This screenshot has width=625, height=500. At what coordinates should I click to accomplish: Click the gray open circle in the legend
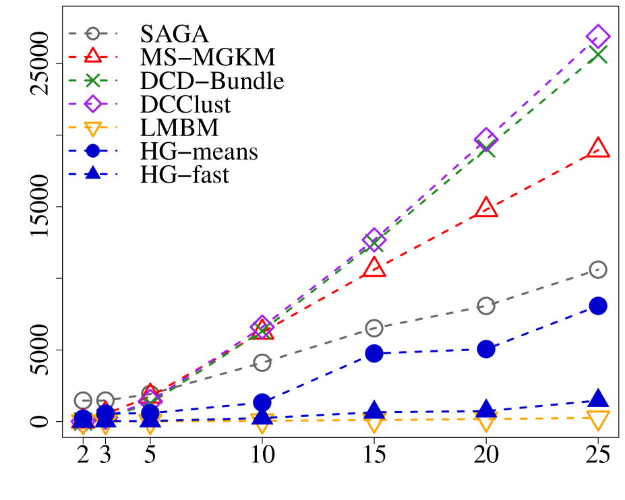tap(92, 34)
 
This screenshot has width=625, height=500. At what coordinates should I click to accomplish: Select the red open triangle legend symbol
tap(92, 57)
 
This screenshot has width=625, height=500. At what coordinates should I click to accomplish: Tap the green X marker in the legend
tap(92, 80)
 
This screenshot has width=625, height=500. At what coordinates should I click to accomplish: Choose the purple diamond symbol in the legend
tap(92, 104)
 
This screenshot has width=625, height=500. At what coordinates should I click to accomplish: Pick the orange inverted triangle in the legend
tap(92, 128)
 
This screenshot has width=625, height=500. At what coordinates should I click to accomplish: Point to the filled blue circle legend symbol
tap(92, 151)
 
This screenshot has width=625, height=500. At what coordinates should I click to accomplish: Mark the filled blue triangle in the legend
tap(92, 173)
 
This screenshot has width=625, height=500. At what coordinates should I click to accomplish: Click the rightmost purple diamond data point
tap(598, 36)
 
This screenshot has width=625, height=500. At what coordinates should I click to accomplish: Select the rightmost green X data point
tap(598, 55)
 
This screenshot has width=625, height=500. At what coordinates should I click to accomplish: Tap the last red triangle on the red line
tap(598, 149)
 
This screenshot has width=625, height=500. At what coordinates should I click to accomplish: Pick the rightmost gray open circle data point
tap(598, 270)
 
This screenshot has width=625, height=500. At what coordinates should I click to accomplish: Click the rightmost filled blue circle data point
tap(598, 306)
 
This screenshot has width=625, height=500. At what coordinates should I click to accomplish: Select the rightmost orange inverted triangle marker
tap(598, 419)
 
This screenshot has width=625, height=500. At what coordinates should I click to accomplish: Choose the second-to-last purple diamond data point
tap(486, 139)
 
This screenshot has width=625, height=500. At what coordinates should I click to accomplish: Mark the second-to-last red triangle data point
tap(486, 208)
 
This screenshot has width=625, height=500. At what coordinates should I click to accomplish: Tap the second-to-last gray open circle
tap(486, 306)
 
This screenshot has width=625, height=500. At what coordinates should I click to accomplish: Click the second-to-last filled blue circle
tap(486, 349)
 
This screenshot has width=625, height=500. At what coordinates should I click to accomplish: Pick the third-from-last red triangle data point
tap(374, 268)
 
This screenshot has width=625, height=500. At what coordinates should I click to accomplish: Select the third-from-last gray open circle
tap(374, 328)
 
